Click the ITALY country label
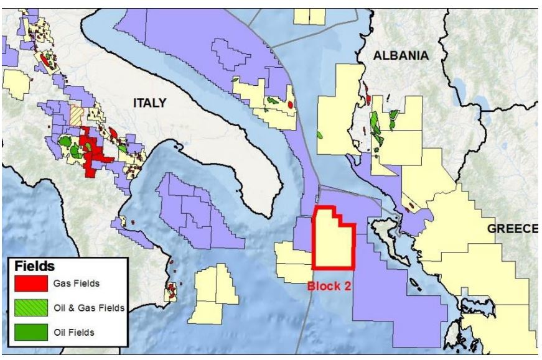150,103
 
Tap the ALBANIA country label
401,56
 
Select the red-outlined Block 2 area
333,242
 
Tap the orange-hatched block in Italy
77,116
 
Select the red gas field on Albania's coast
368,98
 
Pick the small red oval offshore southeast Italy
292,104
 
